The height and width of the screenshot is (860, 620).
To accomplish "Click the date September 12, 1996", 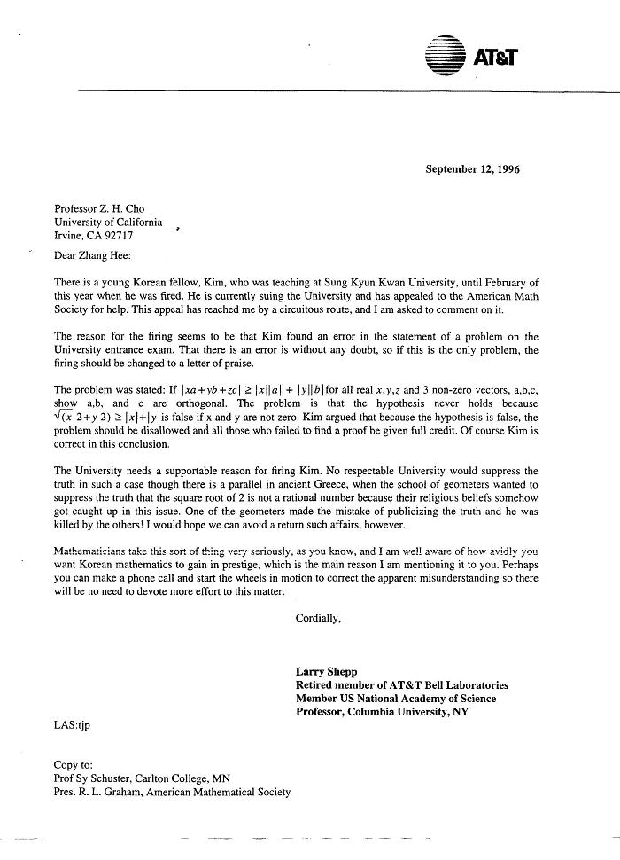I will pos(472,168).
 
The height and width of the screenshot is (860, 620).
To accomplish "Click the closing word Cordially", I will pos(318,619).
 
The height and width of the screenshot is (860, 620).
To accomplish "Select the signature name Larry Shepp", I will pos(325,672).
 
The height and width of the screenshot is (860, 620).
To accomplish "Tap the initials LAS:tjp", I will pos(72,725).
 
